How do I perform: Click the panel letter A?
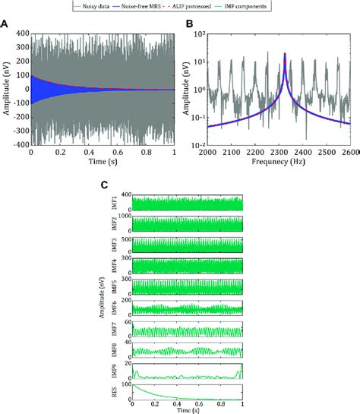[x=5, y=24]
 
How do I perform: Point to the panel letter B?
[x=188, y=24]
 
